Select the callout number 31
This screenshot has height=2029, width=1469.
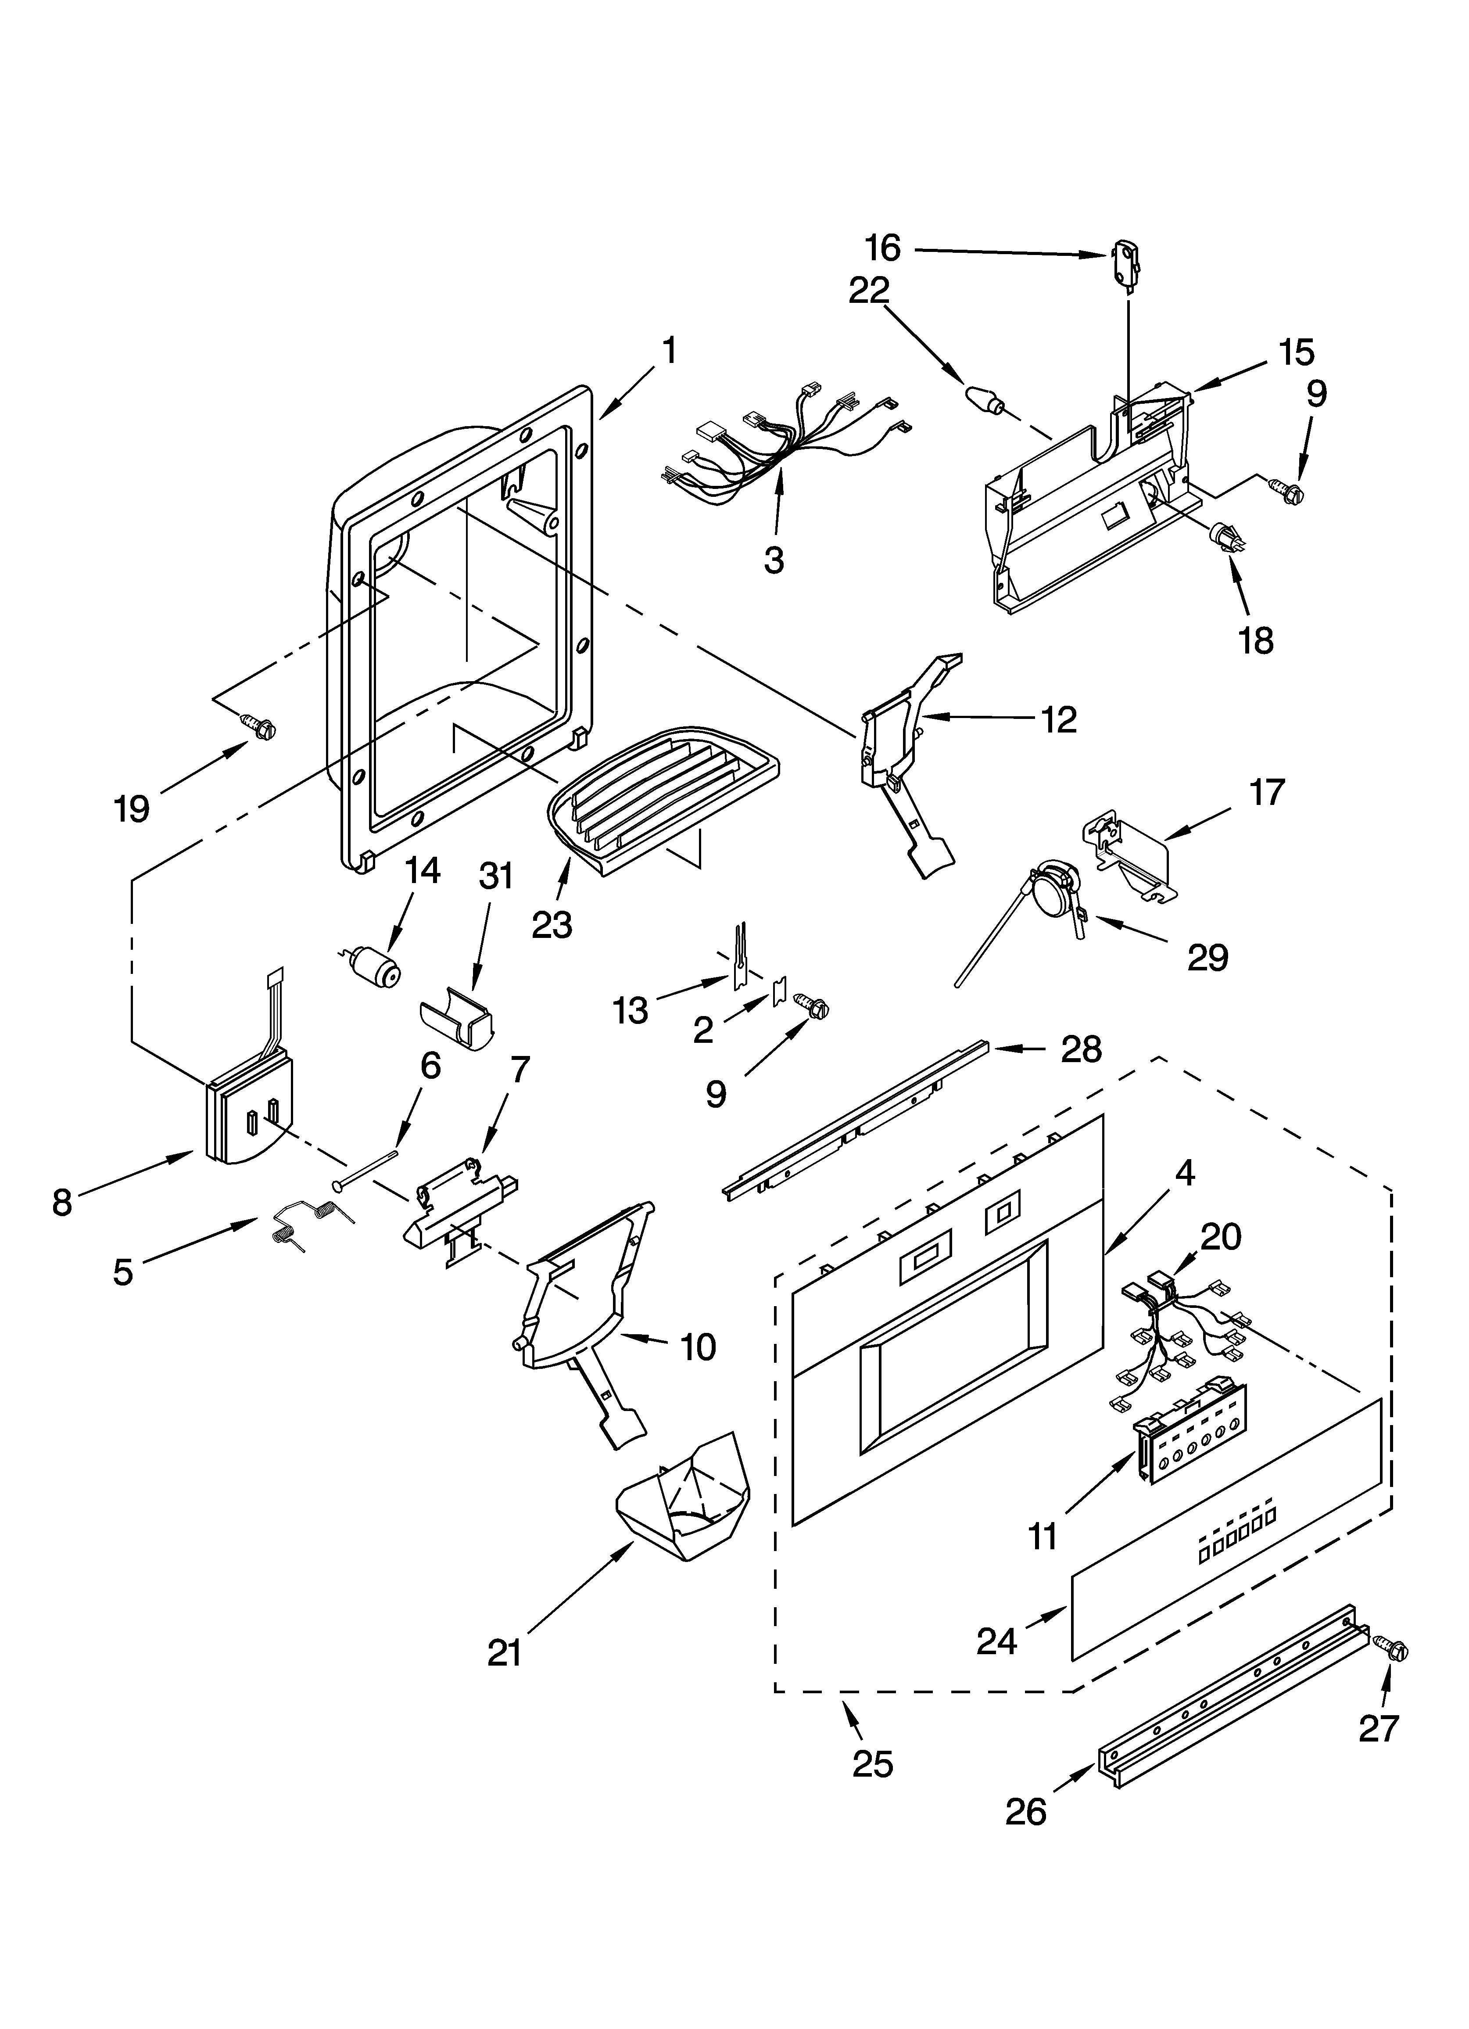[x=496, y=876]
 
